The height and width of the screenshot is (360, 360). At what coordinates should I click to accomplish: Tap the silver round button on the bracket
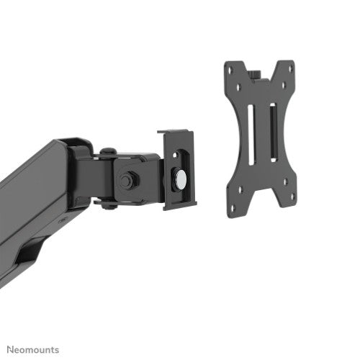pyautogui.click(x=179, y=175)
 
